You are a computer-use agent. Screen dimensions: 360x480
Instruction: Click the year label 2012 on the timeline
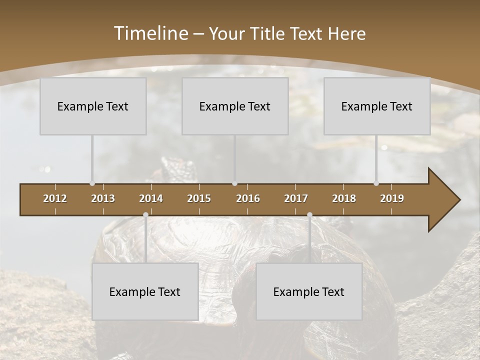click(x=55, y=198)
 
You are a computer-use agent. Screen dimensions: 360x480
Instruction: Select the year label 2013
click(x=103, y=198)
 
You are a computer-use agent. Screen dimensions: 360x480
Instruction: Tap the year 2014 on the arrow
click(x=151, y=198)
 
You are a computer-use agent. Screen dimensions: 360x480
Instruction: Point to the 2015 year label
click(x=199, y=198)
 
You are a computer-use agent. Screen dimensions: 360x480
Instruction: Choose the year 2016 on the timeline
click(x=248, y=198)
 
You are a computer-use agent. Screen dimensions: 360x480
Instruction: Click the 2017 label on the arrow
click(x=296, y=198)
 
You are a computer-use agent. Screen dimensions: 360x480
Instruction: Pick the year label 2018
click(x=344, y=198)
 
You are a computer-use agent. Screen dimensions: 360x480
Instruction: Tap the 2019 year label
click(x=392, y=198)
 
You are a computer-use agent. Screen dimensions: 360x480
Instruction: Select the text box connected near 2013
click(x=93, y=106)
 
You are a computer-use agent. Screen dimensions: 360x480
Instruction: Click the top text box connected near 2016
click(x=235, y=106)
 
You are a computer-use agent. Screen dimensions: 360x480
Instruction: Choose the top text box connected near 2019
click(x=377, y=106)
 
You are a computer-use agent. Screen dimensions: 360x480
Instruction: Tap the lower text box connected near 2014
click(x=145, y=291)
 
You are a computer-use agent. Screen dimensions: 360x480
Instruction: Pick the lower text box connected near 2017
click(x=309, y=291)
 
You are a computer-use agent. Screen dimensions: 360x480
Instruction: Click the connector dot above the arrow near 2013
click(x=92, y=183)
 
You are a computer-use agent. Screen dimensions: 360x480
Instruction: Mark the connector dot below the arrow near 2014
click(x=145, y=214)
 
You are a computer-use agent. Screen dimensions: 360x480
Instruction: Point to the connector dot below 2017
click(x=309, y=214)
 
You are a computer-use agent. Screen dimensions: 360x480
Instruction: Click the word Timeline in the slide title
click(x=150, y=33)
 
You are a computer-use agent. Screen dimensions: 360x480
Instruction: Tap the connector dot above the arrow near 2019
click(x=376, y=183)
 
